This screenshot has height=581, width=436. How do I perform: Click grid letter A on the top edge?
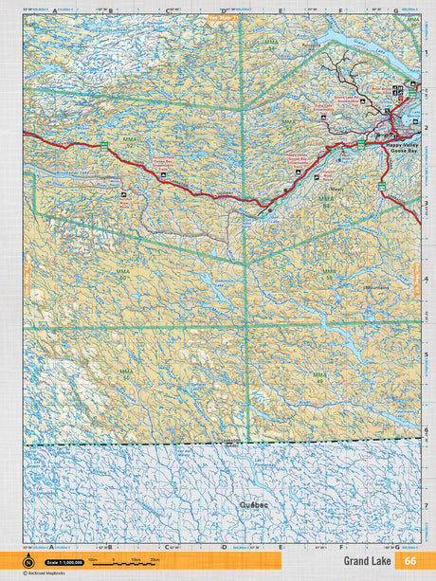54,12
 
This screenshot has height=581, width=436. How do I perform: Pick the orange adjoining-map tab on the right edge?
416,277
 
